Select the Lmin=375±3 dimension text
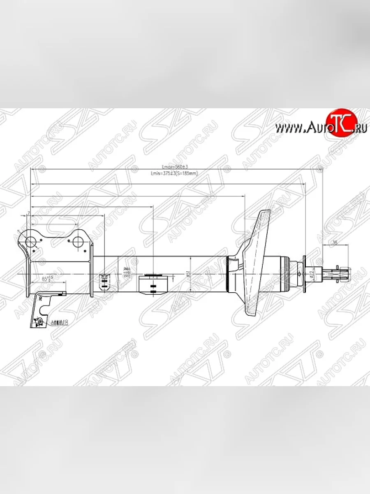point(174,174)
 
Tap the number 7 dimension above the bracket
point(28,213)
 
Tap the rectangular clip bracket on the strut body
point(153,284)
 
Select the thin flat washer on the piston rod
point(305,274)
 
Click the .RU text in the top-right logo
point(359,128)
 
